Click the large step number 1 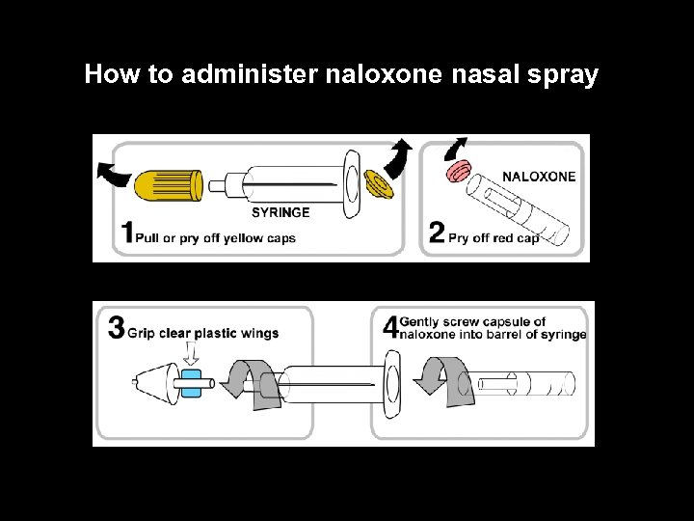tap(127, 233)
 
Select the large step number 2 tap(437, 233)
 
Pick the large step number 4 tap(390, 327)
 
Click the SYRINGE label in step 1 tap(280, 212)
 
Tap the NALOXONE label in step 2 tap(539, 177)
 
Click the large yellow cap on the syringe tap(170, 184)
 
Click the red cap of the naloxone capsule tap(458, 172)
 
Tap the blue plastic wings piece tap(191, 382)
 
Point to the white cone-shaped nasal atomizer tap(154, 383)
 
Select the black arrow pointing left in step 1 tap(116, 175)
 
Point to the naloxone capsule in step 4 tap(525, 383)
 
